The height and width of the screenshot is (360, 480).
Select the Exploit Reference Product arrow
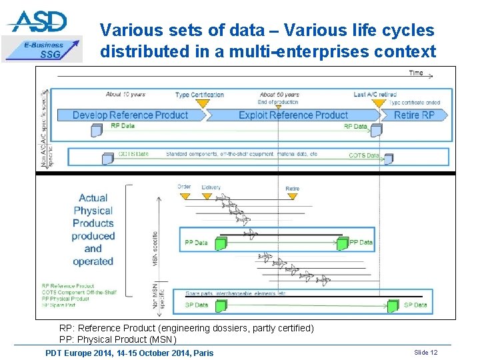(293, 115)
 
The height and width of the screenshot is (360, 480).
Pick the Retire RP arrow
(414, 115)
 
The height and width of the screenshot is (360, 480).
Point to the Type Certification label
(199, 95)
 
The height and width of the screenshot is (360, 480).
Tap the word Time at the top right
(416, 73)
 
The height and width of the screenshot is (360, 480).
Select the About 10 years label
(125, 94)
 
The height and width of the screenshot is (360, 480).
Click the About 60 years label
(279, 95)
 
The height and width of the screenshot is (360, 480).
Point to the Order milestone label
(184, 187)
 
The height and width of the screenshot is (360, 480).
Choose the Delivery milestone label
(211, 187)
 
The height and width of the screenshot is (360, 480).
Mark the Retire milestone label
(292, 189)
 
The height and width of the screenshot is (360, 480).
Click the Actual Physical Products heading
(93, 229)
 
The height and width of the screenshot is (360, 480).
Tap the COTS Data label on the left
(133, 154)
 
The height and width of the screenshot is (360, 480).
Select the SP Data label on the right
(415, 305)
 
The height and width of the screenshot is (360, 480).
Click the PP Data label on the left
(196, 243)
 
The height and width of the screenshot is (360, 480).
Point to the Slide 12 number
(425, 352)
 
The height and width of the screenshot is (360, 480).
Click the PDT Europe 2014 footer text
(129, 353)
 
